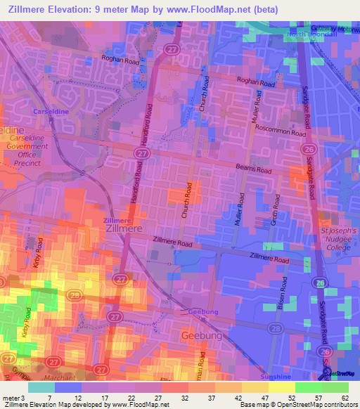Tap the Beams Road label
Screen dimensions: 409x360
click(255, 170)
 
